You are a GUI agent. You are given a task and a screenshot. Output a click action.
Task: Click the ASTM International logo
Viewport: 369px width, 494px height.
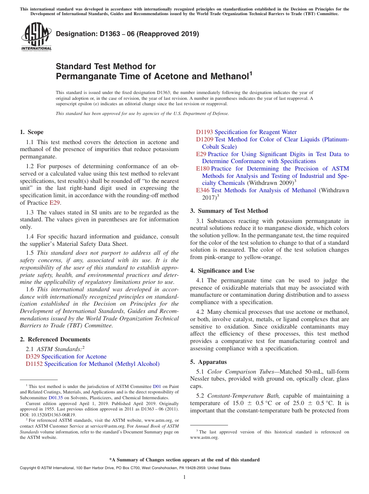(x=36, y=37)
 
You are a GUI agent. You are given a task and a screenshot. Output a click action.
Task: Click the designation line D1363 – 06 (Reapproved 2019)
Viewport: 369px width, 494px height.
(x=127, y=34)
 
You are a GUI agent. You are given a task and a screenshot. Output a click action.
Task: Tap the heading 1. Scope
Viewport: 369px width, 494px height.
(x=31, y=132)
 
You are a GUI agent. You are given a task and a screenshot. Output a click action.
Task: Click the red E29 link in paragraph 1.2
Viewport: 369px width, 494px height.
(x=55, y=203)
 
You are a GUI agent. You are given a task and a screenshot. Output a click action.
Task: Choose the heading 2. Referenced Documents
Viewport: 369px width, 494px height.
(x=55, y=339)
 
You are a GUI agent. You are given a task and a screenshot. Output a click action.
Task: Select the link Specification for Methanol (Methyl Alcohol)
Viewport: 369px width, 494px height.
(x=102, y=364)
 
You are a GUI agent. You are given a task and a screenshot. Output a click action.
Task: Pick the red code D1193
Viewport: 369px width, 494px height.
(x=204, y=132)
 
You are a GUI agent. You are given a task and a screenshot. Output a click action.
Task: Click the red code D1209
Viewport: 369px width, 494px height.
(x=204, y=139)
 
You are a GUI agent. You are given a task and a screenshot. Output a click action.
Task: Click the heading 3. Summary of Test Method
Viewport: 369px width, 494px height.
(x=229, y=211)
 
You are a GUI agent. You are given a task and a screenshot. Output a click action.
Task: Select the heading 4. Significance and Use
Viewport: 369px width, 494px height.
(x=222, y=271)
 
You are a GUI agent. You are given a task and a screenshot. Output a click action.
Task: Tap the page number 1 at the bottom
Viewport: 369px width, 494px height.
(x=184, y=477)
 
